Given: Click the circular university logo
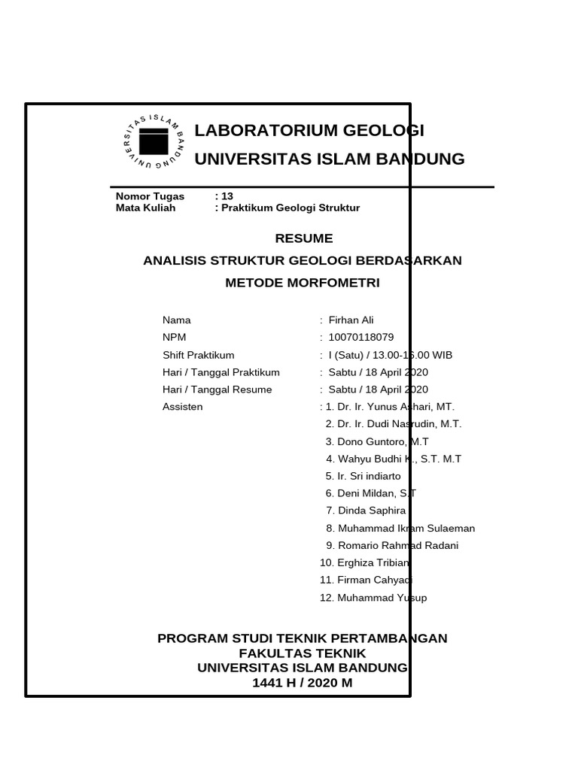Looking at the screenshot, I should tap(154, 141).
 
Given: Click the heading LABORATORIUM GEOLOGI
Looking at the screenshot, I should tap(309, 131).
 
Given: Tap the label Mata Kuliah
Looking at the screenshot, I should tap(145, 208).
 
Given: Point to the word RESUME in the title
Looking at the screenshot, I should tap(303, 238).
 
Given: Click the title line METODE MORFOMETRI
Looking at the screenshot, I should tap(303, 283).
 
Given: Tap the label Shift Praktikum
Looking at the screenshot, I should tap(198, 356).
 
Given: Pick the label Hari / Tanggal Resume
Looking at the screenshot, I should tap(217, 390).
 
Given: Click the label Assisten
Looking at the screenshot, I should tap(182, 408).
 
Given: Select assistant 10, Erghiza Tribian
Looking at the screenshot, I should tap(365, 563).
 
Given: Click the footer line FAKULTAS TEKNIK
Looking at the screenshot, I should tap(302, 653).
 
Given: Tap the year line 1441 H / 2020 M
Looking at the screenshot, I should tap(302, 684).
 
